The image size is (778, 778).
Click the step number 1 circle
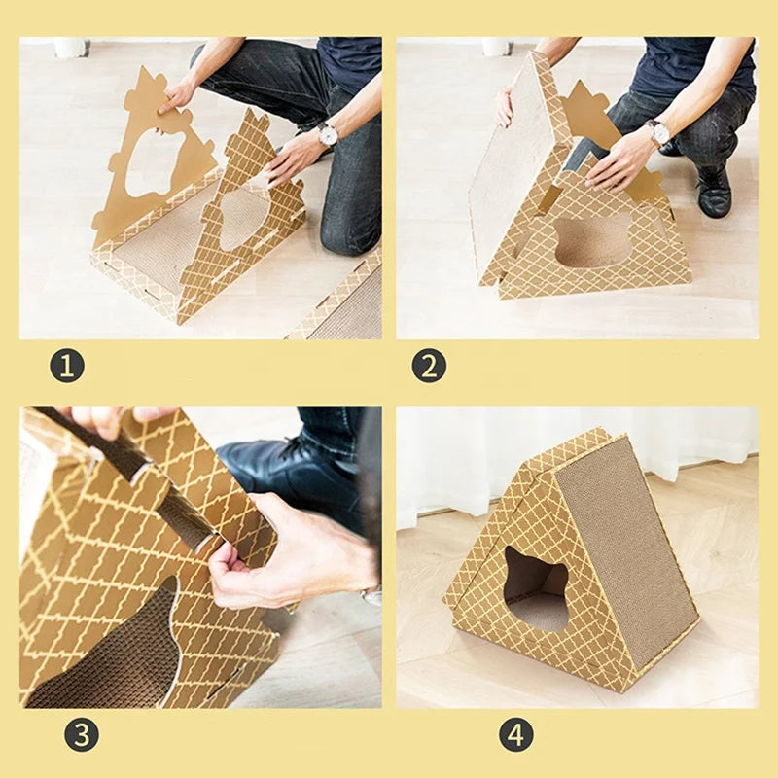pyautogui.click(x=67, y=366)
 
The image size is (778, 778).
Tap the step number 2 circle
pyautogui.click(x=430, y=366)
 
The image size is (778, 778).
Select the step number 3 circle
pyautogui.click(x=82, y=734)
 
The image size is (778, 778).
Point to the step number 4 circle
pyautogui.click(x=516, y=734)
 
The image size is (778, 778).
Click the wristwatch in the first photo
pyautogui.click(x=328, y=134)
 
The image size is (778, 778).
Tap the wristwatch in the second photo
pyautogui.click(x=658, y=132)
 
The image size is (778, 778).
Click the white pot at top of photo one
pyautogui.click(x=71, y=47)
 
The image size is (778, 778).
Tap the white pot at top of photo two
pyautogui.click(x=497, y=46)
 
